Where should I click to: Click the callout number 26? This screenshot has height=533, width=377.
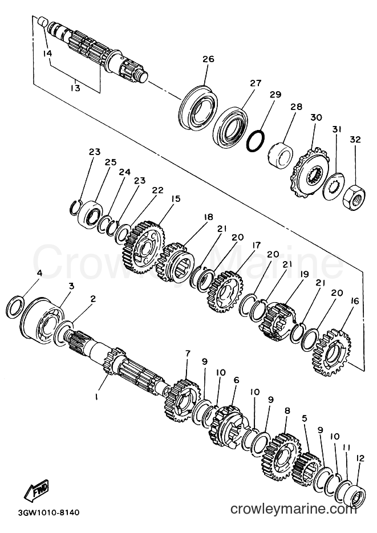click(208, 59)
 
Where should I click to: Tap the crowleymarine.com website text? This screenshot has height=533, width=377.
click(293, 509)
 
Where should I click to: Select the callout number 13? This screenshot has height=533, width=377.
click(75, 88)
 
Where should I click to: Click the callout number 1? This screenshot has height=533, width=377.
click(96, 396)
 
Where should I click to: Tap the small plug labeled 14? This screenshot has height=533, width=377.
click(43, 22)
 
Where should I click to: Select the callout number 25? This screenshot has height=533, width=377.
click(111, 162)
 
